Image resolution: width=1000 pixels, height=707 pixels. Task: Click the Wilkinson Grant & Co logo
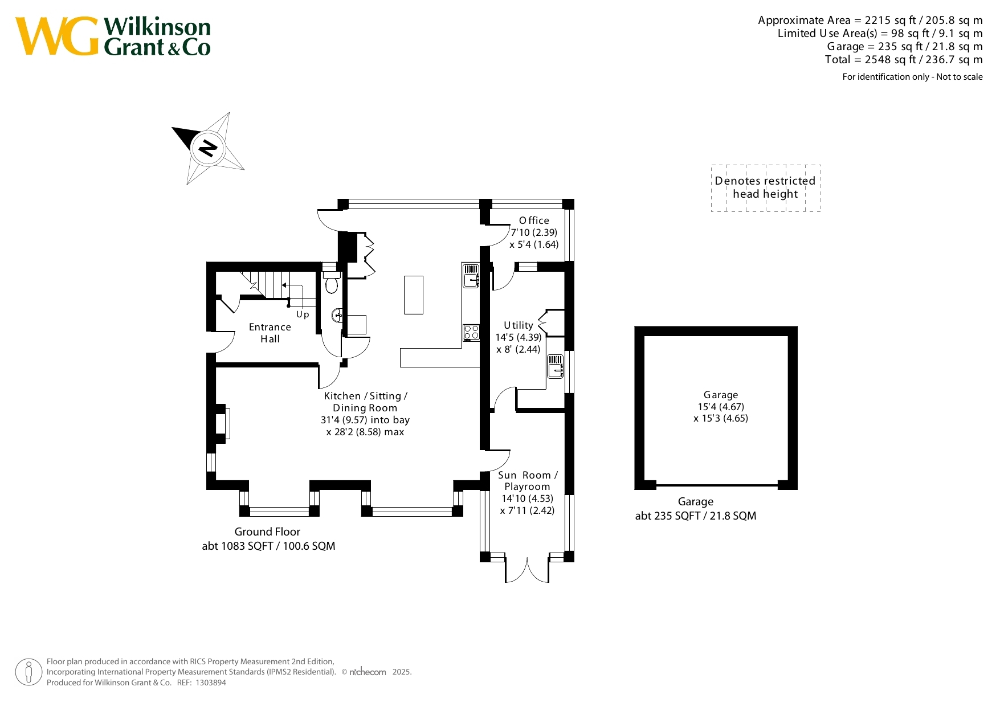[113, 36]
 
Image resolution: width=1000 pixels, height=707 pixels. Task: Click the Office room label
[534, 220]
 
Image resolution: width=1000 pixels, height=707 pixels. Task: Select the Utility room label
[519, 325]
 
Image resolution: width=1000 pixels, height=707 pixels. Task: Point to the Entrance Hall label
[270, 333]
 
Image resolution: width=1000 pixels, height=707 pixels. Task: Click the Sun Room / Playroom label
[528, 481]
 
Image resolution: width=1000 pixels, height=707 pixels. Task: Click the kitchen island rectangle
[414, 295]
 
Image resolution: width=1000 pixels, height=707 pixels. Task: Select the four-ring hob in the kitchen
[471, 332]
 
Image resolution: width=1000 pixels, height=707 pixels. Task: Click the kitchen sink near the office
[471, 276]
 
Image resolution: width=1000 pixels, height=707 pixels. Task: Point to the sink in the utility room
[556, 366]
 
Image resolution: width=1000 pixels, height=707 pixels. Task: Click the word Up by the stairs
[303, 314]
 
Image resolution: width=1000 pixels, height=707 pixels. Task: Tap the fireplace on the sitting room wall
[222, 423]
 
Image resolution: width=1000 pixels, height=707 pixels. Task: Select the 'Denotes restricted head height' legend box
[766, 188]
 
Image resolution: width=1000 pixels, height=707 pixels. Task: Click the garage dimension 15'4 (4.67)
[721, 407]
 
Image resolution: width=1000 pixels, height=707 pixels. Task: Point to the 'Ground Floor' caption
[267, 532]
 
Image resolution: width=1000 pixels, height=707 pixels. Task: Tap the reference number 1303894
[211, 683]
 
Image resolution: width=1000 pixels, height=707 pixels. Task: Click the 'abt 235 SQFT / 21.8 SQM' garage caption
[696, 516]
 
